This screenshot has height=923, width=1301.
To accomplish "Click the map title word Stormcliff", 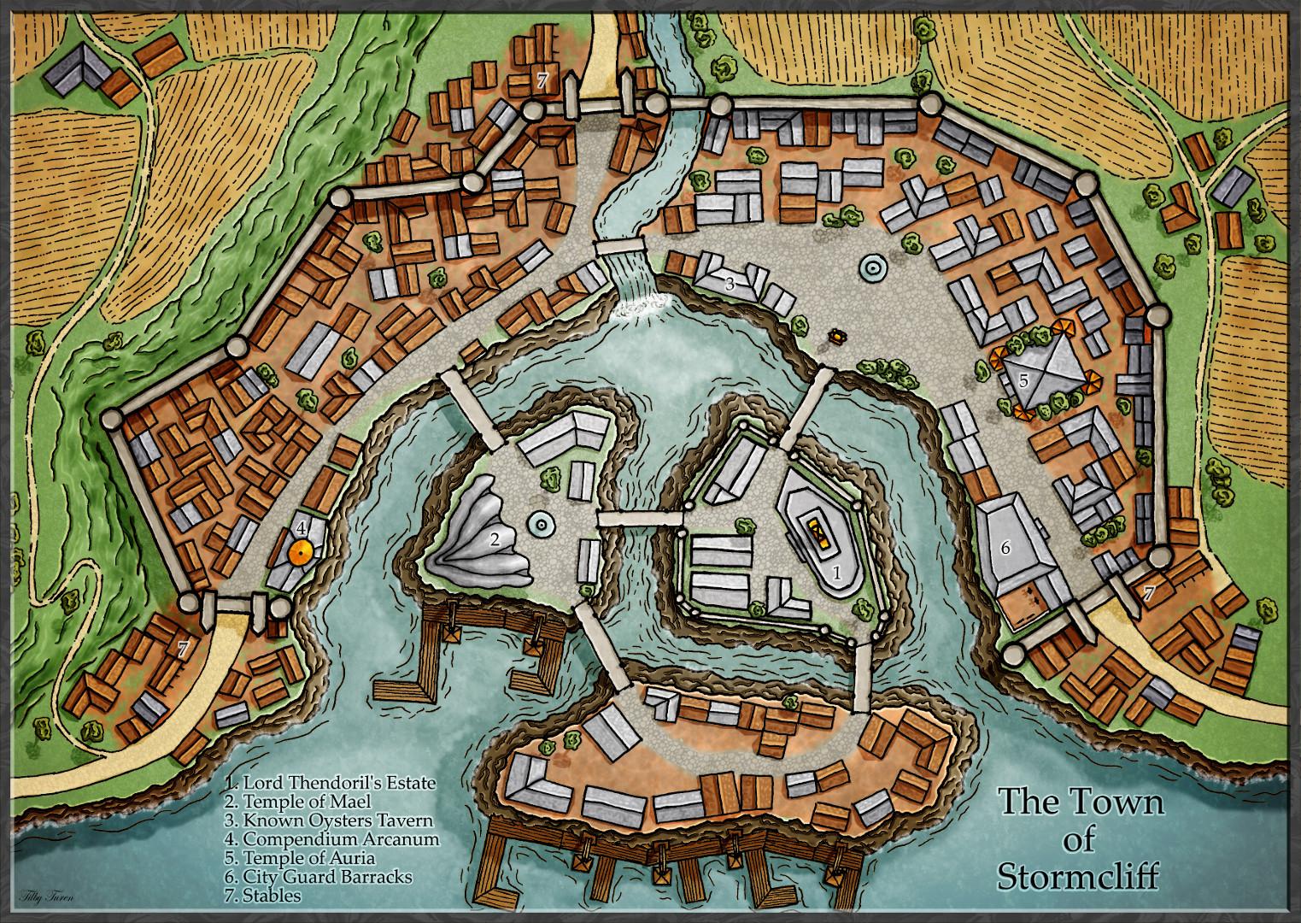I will click(x=1081, y=877).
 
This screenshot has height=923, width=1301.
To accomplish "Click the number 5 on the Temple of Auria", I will click(x=1023, y=381).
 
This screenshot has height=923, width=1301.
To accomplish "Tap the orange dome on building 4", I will click(x=299, y=552).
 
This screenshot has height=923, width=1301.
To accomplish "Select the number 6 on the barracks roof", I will click(x=1005, y=548).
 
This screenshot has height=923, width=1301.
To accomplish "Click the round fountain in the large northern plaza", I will click(x=872, y=267).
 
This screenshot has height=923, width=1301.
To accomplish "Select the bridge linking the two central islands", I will click(x=639, y=517).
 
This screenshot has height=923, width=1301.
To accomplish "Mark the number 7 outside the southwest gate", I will click(x=183, y=649).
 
